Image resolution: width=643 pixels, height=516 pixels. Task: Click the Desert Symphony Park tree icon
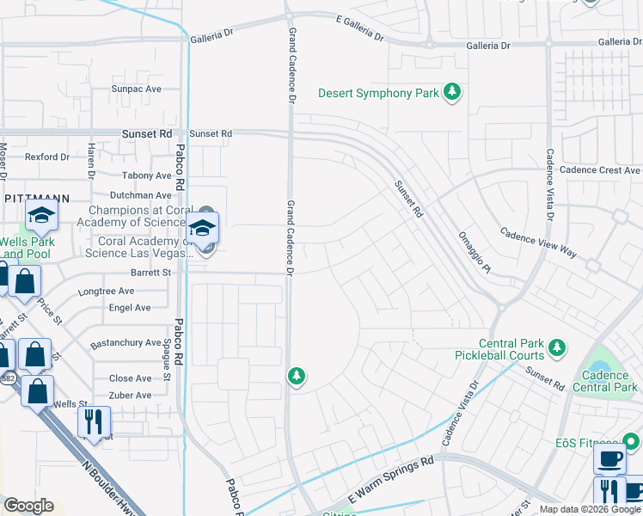click(x=452, y=92)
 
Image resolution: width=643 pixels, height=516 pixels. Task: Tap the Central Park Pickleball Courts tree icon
click(x=557, y=347)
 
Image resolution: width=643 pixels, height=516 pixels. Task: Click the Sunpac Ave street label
click(x=136, y=89)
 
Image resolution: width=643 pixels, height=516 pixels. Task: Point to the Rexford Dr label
click(x=46, y=157)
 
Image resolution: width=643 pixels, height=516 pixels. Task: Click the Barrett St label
click(x=151, y=272)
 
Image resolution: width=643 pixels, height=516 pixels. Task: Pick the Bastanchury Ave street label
click(x=126, y=342)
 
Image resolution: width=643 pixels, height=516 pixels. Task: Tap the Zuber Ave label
click(x=130, y=396)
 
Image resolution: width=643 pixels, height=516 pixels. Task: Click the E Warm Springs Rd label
click(x=391, y=482)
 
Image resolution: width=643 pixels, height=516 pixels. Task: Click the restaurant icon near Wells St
click(x=95, y=421)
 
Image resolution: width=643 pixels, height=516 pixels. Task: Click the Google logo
click(x=28, y=506)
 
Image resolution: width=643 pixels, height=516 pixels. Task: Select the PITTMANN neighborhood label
click(x=37, y=197)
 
